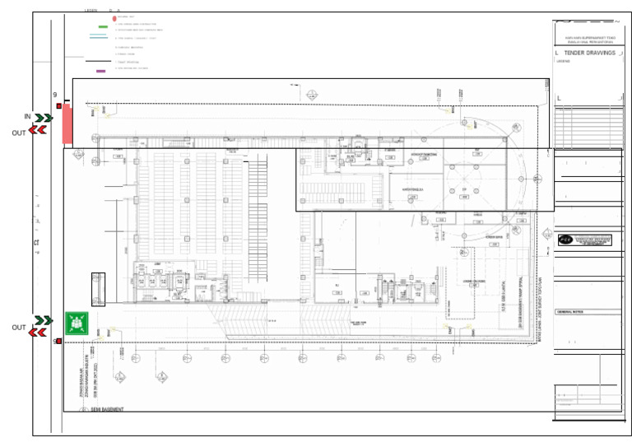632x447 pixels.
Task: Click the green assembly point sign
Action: click(77, 324)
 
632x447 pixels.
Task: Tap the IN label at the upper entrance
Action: click(27, 118)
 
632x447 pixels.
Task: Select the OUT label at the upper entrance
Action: click(19, 133)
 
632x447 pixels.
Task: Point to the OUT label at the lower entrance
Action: click(19, 328)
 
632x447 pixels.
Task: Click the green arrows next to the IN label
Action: click(44, 119)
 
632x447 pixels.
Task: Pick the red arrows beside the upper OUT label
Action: click(38, 130)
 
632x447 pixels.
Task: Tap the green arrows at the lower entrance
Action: click(44, 320)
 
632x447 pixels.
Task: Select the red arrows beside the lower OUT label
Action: click(38, 332)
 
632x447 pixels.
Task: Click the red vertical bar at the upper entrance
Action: click(67, 124)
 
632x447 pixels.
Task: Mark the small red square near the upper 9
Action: click(59, 106)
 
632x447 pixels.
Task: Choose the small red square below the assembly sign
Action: click(59, 341)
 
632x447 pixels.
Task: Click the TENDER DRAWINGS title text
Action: click(589, 53)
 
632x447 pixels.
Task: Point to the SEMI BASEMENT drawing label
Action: click(106, 408)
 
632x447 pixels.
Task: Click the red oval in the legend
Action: click(114, 17)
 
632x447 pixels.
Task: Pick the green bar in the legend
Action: click(103, 27)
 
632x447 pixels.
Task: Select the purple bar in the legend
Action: click(101, 71)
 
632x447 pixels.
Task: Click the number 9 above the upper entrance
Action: click(55, 96)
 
